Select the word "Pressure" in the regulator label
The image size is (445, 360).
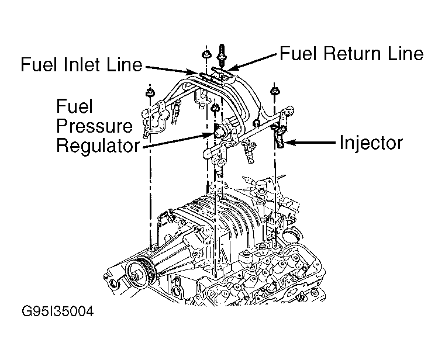click(94, 126)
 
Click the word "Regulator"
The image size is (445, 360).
click(97, 145)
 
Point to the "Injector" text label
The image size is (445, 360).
click(371, 143)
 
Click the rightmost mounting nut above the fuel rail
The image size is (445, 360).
click(274, 92)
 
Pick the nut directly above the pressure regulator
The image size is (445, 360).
click(215, 108)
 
